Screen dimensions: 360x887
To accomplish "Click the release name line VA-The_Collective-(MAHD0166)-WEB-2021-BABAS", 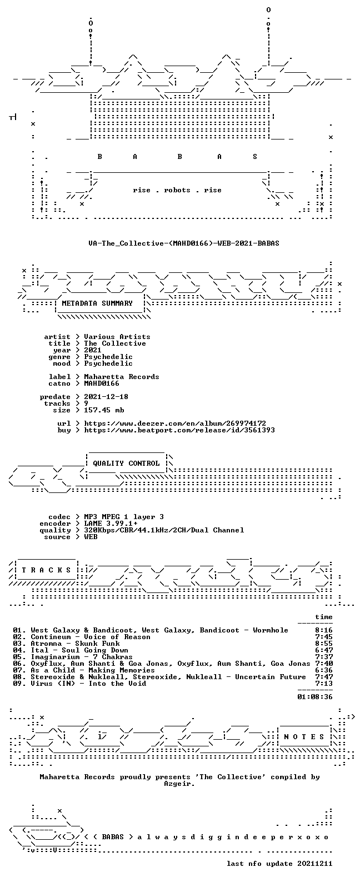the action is (184, 243).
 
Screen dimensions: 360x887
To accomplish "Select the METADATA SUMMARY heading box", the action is (97, 303).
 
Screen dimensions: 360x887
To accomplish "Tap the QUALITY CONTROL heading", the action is (126, 464).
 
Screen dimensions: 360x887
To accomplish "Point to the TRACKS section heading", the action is (46, 570).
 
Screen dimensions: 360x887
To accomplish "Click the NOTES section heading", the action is (304, 737).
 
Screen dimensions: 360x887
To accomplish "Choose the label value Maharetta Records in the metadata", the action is (122, 377).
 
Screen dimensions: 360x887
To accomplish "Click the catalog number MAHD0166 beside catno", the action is (101, 383).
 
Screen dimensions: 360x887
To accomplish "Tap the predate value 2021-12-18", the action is (106, 397).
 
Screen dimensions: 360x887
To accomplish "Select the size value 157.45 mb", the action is (104, 410).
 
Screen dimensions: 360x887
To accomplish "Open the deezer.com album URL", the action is (175, 423).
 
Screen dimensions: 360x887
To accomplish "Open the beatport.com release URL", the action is (179, 430).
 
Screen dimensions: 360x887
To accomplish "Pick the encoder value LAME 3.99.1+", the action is (111, 524).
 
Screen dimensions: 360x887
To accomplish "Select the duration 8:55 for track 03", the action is (324, 644).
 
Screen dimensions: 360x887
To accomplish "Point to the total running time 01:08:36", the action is (315, 697).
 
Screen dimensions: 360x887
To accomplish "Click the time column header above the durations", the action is (324, 617).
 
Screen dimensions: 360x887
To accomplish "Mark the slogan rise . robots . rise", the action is (177, 190).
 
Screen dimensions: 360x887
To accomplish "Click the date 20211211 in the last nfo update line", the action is (315, 864).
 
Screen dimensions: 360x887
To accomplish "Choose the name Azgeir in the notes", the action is (178, 784).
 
